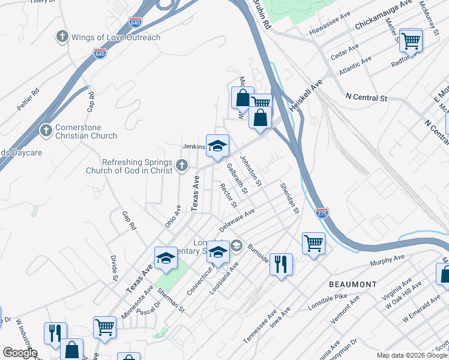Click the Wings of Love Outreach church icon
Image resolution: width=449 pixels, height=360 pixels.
click(62, 37)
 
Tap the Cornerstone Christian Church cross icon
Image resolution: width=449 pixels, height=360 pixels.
click(46, 131)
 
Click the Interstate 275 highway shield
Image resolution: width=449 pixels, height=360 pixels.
click(322, 212)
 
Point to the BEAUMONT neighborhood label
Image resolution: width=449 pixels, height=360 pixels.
click(353, 284)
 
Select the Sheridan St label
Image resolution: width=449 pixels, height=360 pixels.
click(289, 198)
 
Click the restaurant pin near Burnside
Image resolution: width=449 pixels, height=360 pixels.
click(280, 263)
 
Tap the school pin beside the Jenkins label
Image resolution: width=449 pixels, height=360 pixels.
click(217, 145)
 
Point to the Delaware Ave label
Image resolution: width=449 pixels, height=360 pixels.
click(237, 220)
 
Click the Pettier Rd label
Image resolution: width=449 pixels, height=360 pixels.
click(28, 99)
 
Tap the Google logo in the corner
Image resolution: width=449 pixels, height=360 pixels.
click(19, 353)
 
